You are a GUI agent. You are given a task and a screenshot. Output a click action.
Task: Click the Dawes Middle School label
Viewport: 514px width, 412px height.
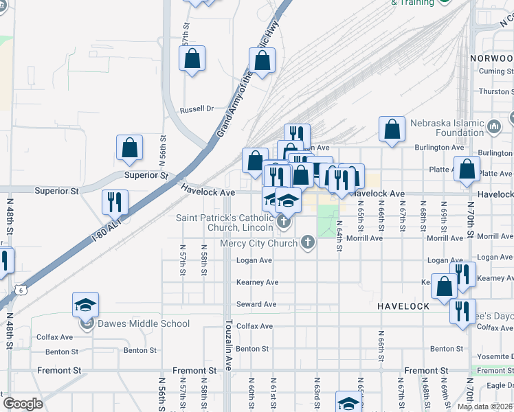(x=143, y=324)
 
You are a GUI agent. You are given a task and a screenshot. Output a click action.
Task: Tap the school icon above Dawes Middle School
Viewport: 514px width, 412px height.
(x=86, y=304)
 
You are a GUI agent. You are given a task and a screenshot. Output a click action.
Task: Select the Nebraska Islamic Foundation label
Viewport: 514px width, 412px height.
(x=448, y=128)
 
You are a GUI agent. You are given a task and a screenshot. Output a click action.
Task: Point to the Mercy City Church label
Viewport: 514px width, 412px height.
(x=259, y=243)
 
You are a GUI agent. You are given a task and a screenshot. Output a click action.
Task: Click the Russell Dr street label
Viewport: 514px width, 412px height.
(x=197, y=108)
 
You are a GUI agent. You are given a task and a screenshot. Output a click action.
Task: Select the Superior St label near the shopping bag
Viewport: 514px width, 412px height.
(x=146, y=175)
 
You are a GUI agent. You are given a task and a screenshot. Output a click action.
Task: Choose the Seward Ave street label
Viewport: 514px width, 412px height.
(x=256, y=304)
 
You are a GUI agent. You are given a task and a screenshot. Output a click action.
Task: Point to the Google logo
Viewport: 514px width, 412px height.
(x=23, y=404)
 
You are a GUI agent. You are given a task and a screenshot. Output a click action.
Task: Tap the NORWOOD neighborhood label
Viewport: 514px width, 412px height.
(x=492, y=59)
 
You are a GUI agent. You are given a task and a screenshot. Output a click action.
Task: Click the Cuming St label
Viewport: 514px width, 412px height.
(x=496, y=71)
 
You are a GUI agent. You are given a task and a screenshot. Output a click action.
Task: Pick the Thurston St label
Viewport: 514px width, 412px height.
(x=495, y=91)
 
